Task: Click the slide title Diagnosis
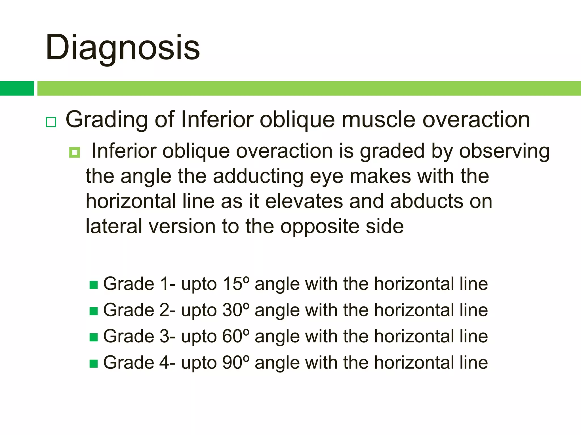(123, 48)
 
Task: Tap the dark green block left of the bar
(17, 88)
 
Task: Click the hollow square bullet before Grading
(51, 122)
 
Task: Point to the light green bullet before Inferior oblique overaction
(75, 153)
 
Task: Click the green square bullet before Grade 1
(94, 285)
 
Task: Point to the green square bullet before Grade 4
(94, 363)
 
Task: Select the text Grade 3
(136, 336)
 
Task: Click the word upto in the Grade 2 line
(199, 311)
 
